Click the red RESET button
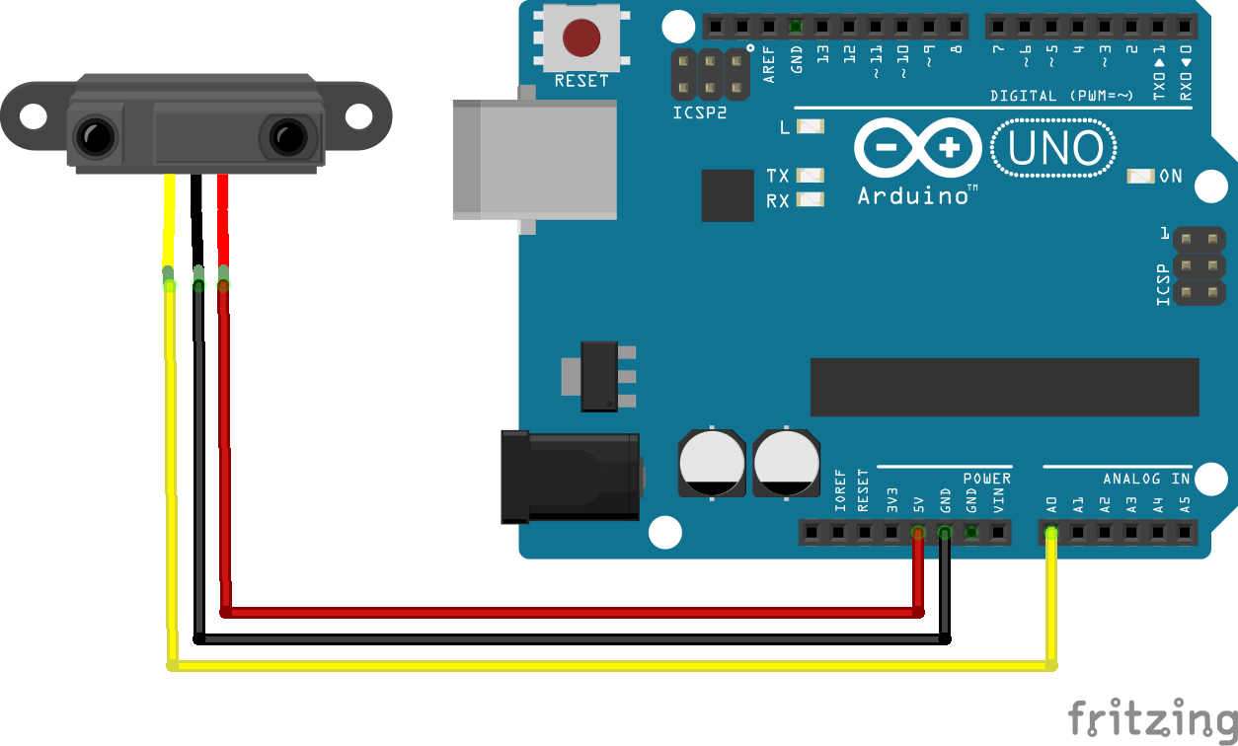[x=581, y=37]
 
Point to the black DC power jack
[x=571, y=477]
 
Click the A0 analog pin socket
[x=1051, y=534]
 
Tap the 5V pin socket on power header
[x=918, y=534]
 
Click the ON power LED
[x=1140, y=177]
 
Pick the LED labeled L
[x=811, y=126]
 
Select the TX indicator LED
[x=811, y=176]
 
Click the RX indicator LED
[x=811, y=200]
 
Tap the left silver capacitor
[x=711, y=462]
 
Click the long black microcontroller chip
[x=1004, y=387]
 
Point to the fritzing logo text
[x=1151, y=718]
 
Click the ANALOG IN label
[x=1146, y=479]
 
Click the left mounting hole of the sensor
[x=33, y=117]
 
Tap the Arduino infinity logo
[x=918, y=149]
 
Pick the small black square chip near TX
[x=727, y=195]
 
